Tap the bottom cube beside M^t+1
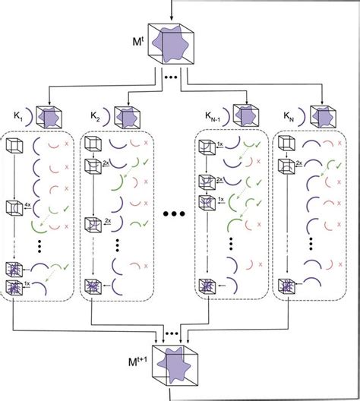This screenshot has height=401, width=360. (179, 368)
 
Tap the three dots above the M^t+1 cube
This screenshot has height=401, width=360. (179, 334)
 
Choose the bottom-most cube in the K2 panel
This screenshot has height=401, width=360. (94, 287)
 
